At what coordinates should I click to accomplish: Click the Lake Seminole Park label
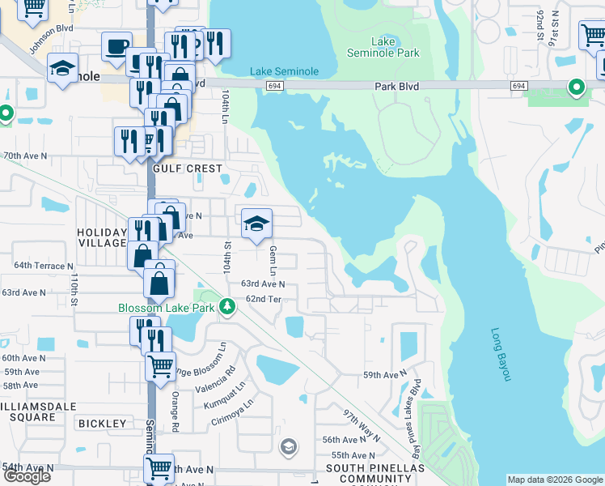click(x=395, y=47)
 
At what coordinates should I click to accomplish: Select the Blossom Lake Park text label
click(x=167, y=307)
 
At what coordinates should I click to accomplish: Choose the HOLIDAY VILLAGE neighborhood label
click(x=102, y=237)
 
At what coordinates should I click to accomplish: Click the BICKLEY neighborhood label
click(x=102, y=424)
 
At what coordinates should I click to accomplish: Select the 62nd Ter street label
click(x=264, y=299)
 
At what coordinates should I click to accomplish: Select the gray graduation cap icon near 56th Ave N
click(x=288, y=446)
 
